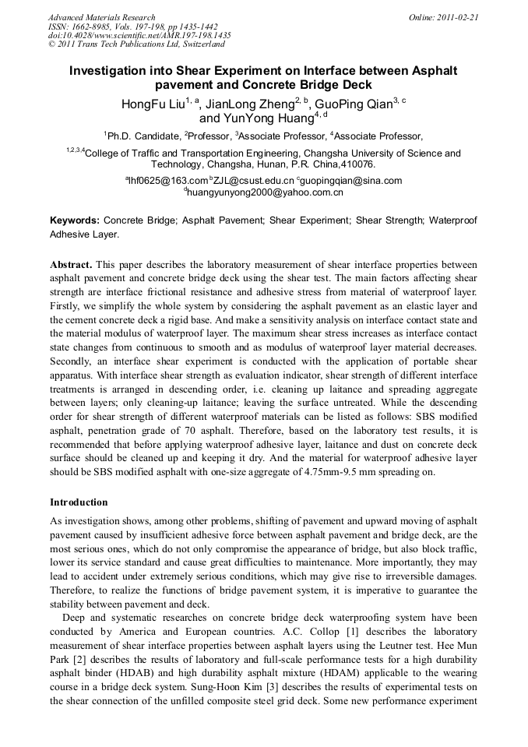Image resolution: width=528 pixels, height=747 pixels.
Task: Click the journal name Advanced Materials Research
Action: pyautogui.click(x=101, y=17)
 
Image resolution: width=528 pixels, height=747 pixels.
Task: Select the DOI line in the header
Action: pyautogui.click(x=139, y=36)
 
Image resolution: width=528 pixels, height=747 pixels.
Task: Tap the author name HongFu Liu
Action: pyautogui.click(x=153, y=104)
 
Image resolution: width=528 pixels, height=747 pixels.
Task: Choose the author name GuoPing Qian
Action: pyautogui.click(x=354, y=104)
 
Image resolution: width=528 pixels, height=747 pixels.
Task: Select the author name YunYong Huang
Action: pyautogui.click(x=255, y=119)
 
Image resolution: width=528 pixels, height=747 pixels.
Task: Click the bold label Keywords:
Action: pyautogui.click(x=75, y=221)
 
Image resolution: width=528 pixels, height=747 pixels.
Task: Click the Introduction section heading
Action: pyautogui.click(x=79, y=502)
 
